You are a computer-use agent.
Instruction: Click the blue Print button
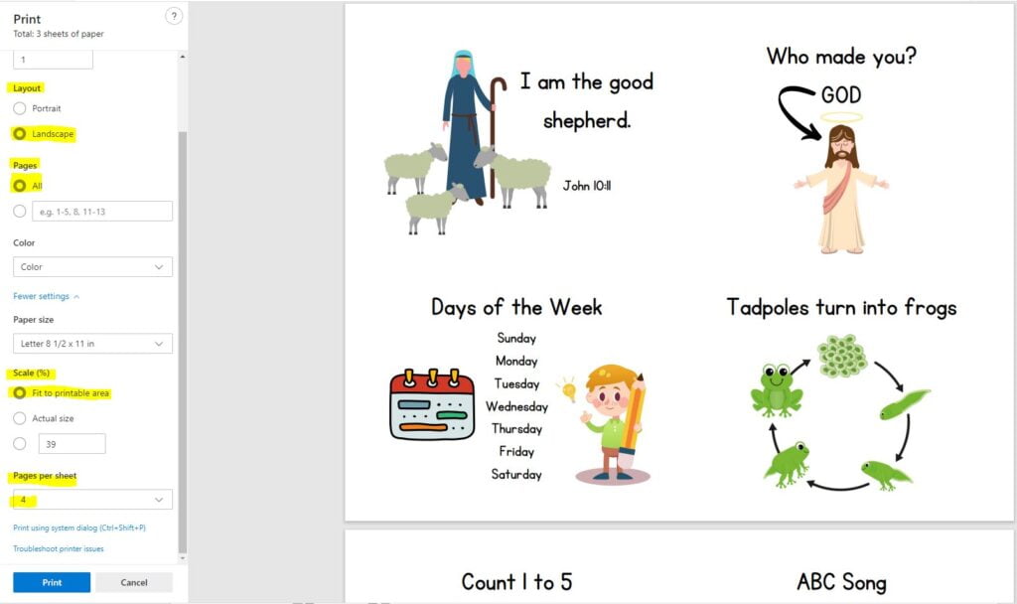pos(52,582)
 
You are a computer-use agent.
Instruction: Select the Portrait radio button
pos(20,108)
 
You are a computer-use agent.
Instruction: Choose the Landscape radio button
pos(20,134)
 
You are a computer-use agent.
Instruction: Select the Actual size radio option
pos(20,418)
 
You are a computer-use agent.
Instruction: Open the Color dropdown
pos(92,266)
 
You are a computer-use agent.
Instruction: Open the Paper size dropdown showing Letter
pos(92,343)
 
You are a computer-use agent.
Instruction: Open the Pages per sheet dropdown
pos(92,500)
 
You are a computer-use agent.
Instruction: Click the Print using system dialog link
pos(79,528)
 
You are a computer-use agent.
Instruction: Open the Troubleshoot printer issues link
pos(59,548)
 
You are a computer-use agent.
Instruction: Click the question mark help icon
pos(174,16)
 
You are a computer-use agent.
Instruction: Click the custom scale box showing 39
pos(72,444)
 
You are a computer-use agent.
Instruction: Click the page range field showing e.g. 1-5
pos(102,212)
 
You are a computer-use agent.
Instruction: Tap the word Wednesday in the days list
pos(516,406)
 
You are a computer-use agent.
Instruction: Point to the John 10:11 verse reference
pos(586,186)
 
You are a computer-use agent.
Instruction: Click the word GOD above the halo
pos(841,94)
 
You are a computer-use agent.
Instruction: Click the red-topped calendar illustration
pos(432,404)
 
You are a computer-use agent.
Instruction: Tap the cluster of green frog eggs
pos(842,356)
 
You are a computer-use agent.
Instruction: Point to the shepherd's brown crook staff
pos(496,137)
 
